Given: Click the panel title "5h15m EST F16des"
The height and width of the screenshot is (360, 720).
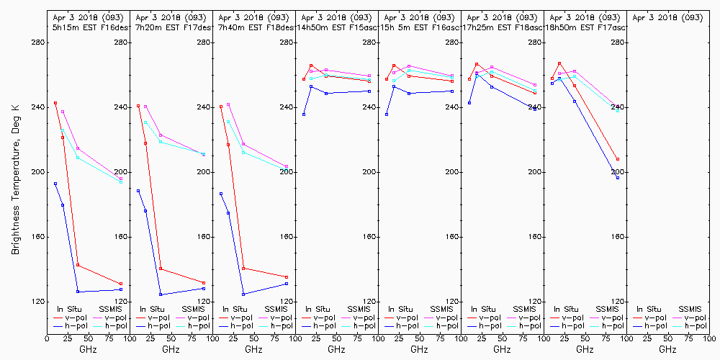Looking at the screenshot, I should coord(87,27).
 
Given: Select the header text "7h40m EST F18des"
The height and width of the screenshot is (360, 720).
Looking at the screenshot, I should coord(253,27).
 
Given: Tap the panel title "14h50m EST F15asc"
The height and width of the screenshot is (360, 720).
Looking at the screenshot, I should coord(337,27).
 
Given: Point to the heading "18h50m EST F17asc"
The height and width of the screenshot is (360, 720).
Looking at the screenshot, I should coord(585,27).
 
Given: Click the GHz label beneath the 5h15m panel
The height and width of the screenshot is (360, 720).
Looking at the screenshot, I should coord(88,349).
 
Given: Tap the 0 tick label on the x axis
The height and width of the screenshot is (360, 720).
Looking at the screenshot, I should coord(47,336).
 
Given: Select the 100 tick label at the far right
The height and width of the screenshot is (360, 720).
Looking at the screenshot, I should coord(710,336).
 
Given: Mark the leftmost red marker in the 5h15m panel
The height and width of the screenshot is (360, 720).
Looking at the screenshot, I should coord(55,103).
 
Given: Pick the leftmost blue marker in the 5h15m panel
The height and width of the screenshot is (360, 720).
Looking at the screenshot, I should coord(55,184).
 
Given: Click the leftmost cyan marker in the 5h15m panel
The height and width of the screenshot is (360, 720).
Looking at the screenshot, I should coord(63,130).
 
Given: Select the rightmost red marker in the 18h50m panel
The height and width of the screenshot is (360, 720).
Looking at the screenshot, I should coord(618,159).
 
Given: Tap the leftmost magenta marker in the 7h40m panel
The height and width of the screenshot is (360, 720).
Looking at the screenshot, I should coord(228,104).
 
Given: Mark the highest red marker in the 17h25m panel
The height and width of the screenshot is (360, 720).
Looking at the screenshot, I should coord(477,64).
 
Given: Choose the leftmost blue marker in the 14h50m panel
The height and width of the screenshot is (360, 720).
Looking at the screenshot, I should coord(304,114).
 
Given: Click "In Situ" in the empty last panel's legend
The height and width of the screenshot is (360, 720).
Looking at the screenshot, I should coord(649,309).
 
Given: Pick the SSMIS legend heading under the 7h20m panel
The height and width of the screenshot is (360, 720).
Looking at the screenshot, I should coord(193,309).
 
